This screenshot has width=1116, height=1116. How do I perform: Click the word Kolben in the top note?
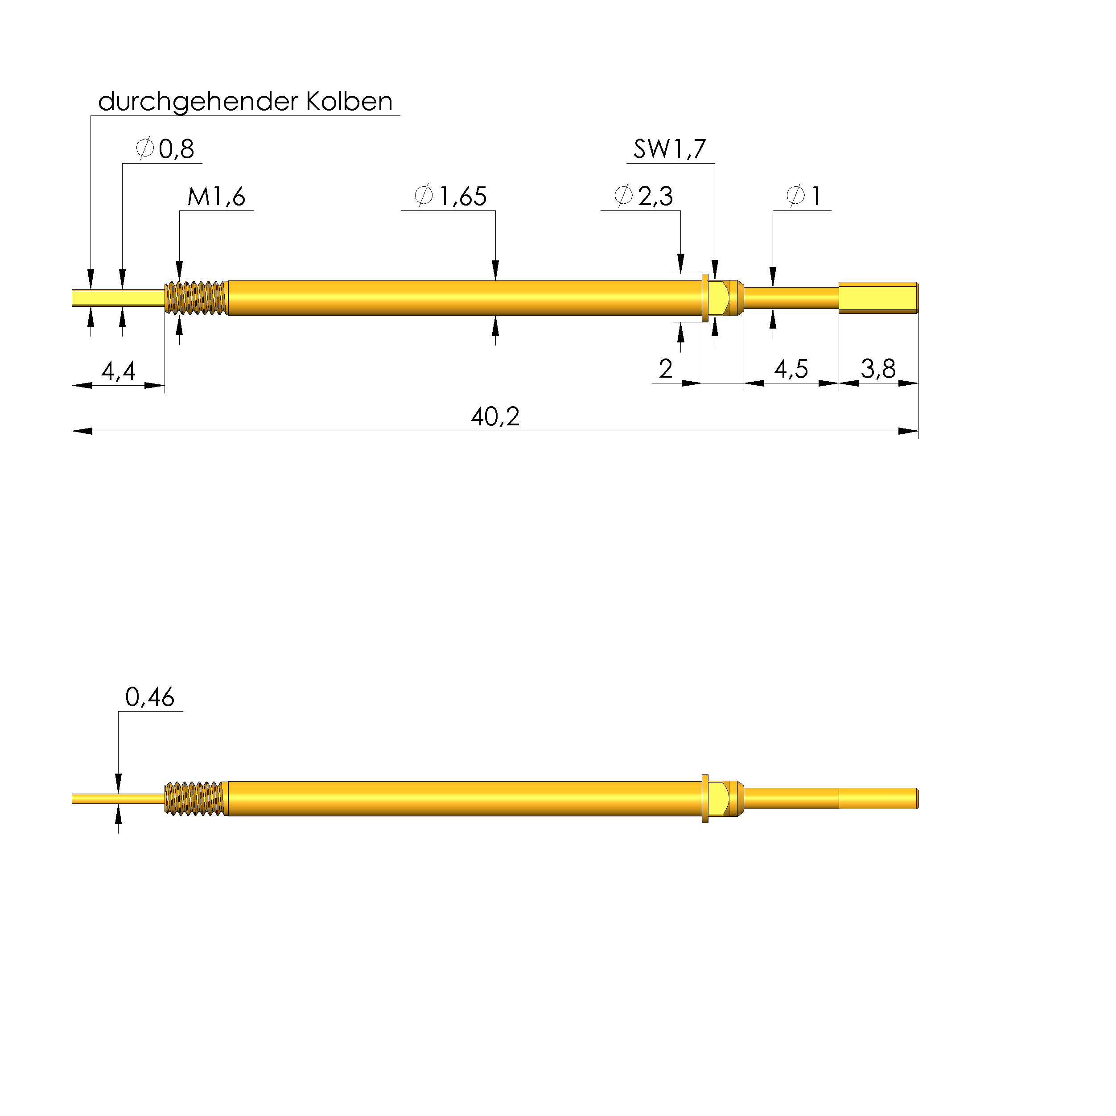coord(350,102)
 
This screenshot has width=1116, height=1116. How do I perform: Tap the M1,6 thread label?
coord(217,196)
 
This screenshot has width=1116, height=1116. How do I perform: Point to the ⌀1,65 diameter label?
coord(451,196)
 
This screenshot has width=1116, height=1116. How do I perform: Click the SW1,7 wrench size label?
coord(670,149)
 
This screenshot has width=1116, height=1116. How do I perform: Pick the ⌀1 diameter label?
coord(803,196)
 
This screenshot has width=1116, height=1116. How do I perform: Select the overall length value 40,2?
coord(495,416)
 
